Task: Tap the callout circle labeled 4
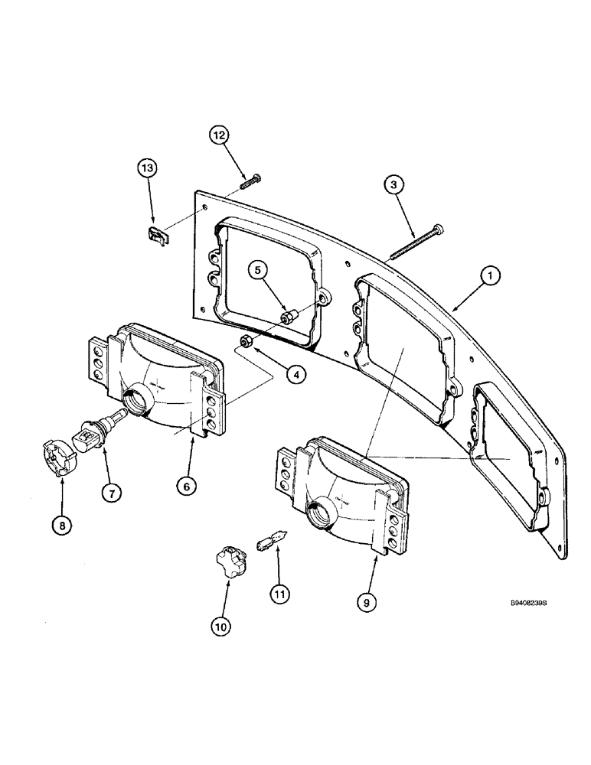[295, 375]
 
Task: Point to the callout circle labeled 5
[258, 271]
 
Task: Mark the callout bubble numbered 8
[60, 526]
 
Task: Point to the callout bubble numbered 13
[147, 167]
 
